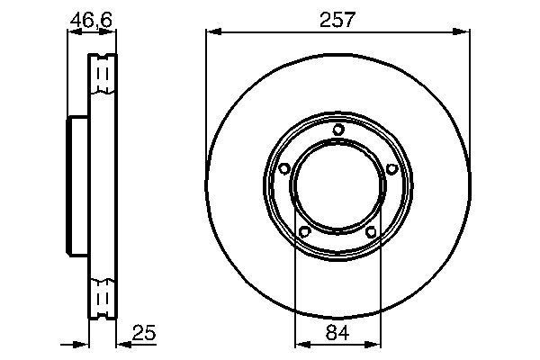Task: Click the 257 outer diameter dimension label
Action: click(337, 19)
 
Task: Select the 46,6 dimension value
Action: click(92, 18)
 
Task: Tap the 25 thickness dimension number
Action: click(145, 334)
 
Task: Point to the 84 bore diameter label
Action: click(337, 334)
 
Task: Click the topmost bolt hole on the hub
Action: click(337, 130)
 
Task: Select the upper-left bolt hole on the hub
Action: click(284, 168)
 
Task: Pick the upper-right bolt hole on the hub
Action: click(391, 168)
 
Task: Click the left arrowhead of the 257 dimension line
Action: click(212, 32)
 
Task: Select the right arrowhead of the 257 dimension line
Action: click(463, 32)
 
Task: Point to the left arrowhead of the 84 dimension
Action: click(301, 344)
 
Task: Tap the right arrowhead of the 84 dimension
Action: click(374, 344)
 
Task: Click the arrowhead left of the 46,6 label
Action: click(73, 32)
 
